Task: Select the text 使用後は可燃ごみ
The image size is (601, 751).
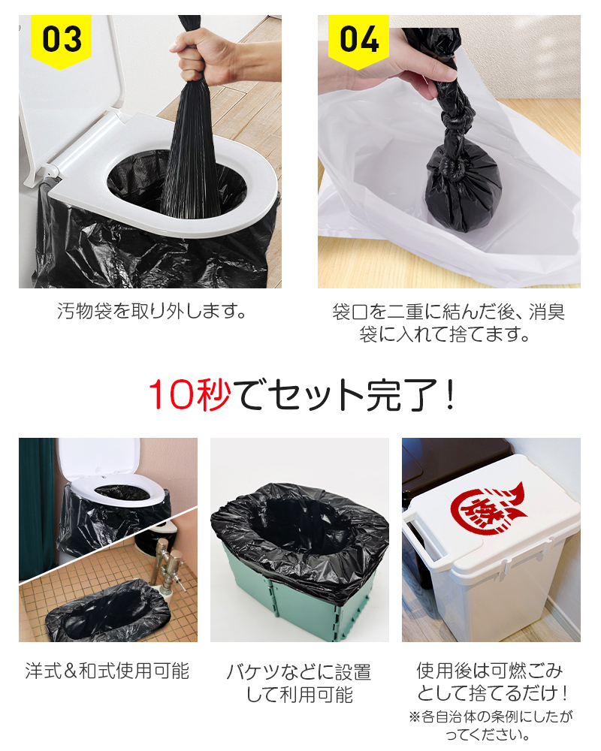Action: coord(490,670)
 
